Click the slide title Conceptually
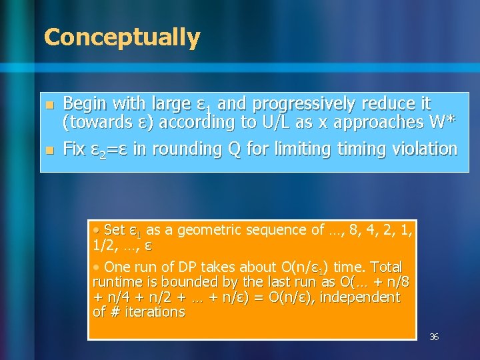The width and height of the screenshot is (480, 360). point(121,38)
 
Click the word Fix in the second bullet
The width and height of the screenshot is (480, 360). point(73,149)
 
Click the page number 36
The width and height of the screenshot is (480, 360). point(433,337)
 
